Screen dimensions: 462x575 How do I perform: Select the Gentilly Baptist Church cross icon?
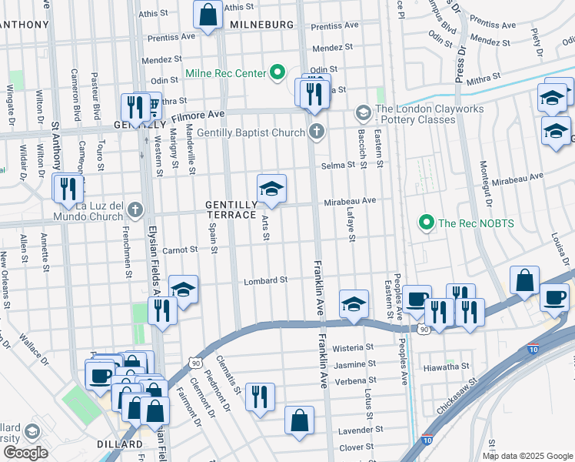point(315,133)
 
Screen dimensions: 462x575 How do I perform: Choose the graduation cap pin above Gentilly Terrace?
point(271,189)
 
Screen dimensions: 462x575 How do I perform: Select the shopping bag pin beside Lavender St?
point(299,420)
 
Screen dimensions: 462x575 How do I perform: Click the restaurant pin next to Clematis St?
point(260,397)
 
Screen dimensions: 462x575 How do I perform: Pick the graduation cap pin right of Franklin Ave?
point(353,304)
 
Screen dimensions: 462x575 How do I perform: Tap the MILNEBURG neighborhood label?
point(261,25)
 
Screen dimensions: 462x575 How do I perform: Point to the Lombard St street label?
point(265,281)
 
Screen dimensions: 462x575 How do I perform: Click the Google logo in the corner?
point(25,453)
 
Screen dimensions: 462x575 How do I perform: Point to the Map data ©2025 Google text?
point(527,455)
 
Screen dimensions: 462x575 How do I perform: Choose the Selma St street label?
point(337,165)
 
